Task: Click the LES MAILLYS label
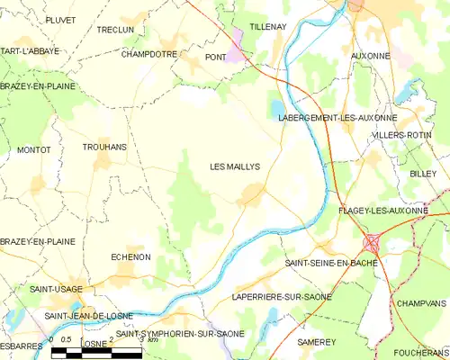[235, 166]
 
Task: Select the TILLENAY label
[267, 27]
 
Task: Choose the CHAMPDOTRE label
[148, 54]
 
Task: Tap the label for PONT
[215, 57]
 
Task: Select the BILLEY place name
[422, 173]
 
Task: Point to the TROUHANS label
[104, 147]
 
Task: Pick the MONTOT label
[33, 149]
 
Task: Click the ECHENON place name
[130, 256]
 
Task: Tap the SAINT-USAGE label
[56, 289]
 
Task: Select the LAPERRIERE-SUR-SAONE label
[282, 296]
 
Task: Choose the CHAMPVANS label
[421, 304]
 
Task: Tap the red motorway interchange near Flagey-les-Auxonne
[372, 243]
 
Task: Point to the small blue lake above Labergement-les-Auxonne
[274, 110]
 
